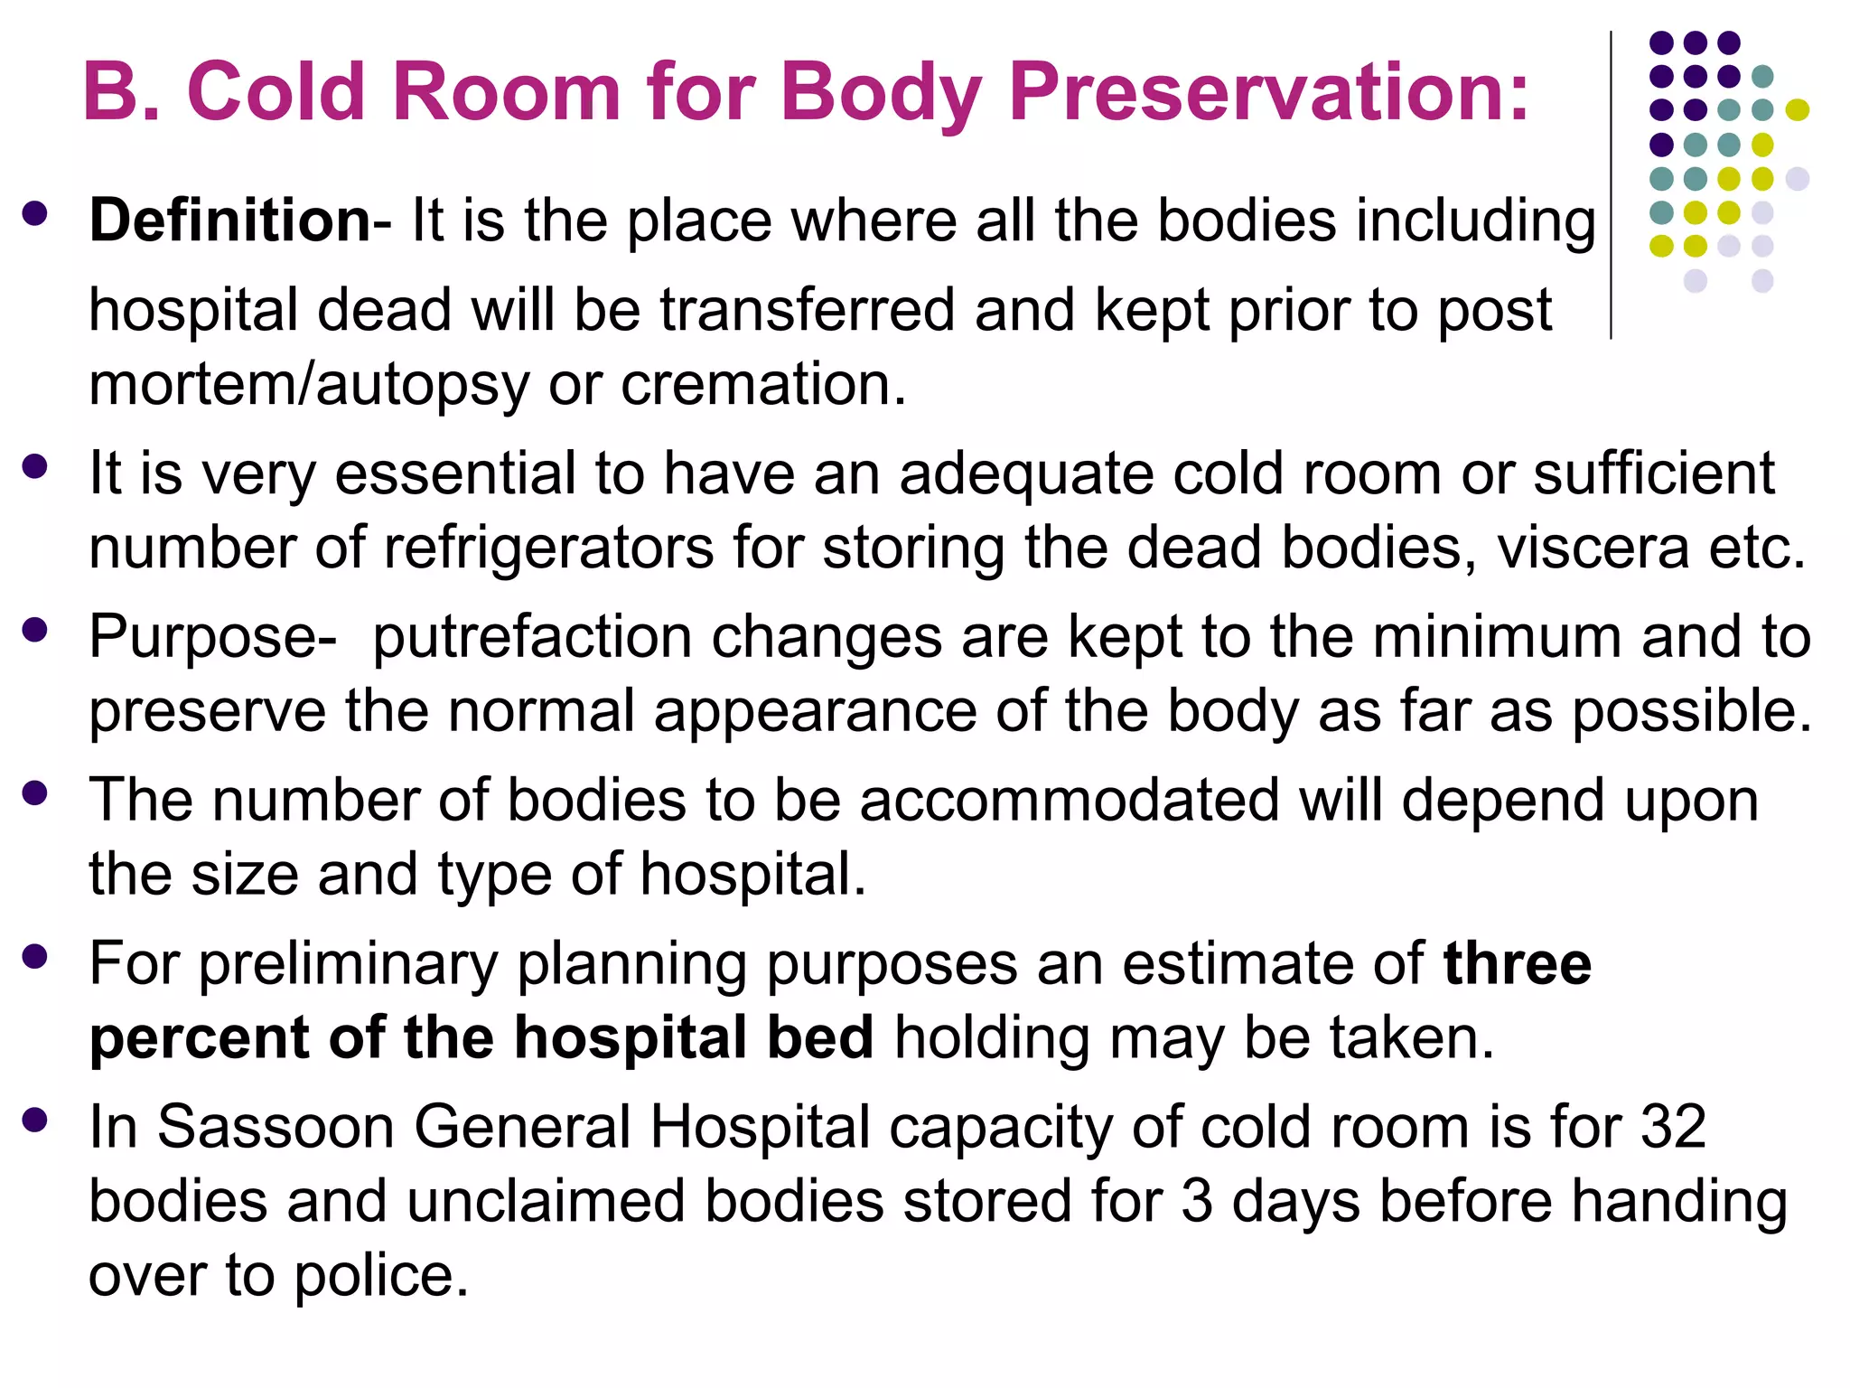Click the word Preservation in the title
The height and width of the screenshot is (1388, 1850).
pyautogui.click(x=1268, y=93)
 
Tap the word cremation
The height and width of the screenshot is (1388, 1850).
pyautogui.click(x=762, y=384)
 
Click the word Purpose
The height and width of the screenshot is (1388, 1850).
pyautogui.click(x=213, y=638)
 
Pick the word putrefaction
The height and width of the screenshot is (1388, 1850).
pyautogui.click(x=532, y=638)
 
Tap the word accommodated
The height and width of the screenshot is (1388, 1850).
pyautogui.click(x=1070, y=801)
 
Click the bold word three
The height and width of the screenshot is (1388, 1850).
pyautogui.click(x=1517, y=964)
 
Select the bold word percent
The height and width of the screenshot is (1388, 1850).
pyautogui.click(x=199, y=1037)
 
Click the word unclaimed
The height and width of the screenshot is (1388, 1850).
pyautogui.click(x=546, y=1202)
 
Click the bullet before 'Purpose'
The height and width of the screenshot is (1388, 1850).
pyautogui.click(x=35, y=631)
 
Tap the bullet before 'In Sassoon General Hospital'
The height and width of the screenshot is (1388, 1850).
pyautogui.click(x=35, y=1121)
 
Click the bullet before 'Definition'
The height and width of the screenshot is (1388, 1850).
pyautogui.click(x=35, y=214)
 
